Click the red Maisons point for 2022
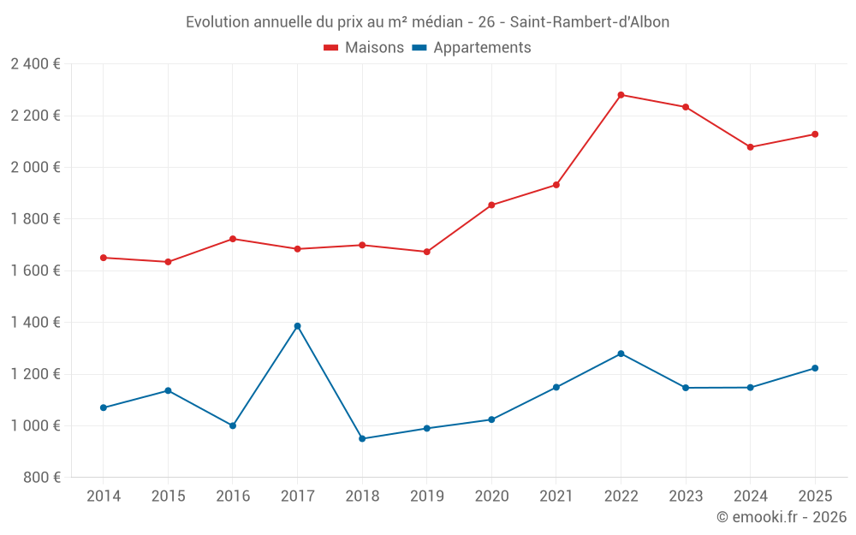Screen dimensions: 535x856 point(621,95)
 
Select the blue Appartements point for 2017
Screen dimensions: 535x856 point(297,326)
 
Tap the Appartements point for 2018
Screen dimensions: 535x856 point(362,438)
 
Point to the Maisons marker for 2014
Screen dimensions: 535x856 point(104,258)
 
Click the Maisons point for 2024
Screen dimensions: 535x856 point(750,147)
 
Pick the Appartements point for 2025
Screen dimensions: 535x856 point(815,368)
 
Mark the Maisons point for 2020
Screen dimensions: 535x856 point(491,205)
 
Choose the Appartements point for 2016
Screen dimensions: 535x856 point(233,425)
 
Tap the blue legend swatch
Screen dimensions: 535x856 point(419,48)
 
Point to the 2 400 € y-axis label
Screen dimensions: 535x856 point(35,64)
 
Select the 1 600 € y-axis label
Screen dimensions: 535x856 point(35,270)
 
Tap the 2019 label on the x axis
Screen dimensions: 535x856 point(426,496)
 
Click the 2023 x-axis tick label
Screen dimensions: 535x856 point(685,496)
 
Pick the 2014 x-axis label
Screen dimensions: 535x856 point(104,496)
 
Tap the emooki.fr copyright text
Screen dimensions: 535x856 point(782,517)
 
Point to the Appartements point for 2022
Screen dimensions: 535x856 point(621,354)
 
